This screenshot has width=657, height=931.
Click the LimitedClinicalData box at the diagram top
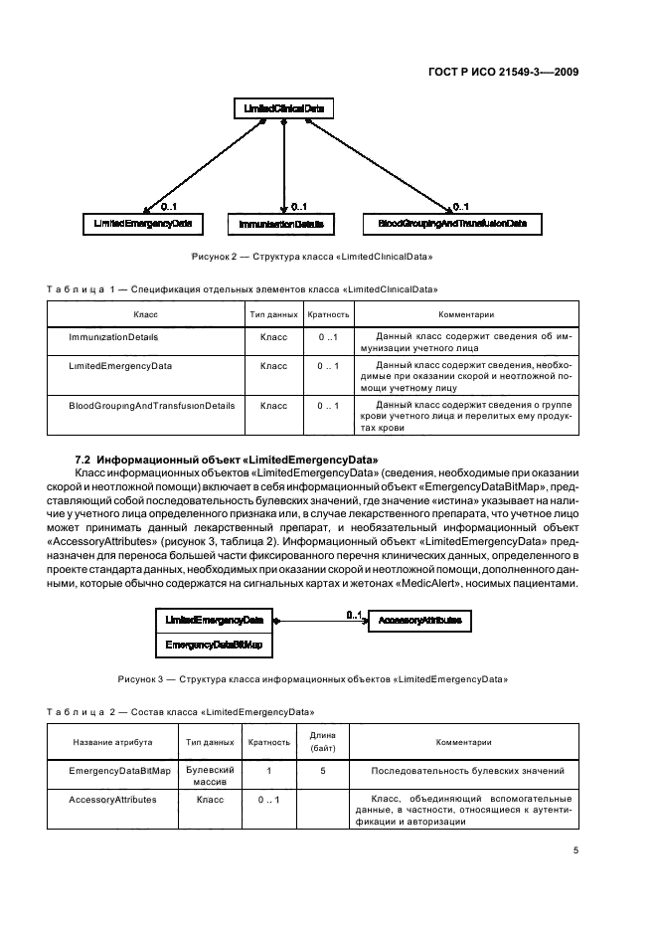click(283, 107)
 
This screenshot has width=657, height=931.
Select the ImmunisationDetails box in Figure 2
click(281, 226)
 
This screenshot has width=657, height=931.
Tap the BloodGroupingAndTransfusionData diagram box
click(452, 225)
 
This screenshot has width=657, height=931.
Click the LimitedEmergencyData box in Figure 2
click(142, 225)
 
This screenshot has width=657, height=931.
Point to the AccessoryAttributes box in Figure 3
click(419, 622)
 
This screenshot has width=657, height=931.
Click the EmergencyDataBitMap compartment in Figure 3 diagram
click(214, 646)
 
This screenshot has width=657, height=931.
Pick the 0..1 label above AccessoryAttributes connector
click(354, 615)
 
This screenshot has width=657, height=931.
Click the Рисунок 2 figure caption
click(316, 258)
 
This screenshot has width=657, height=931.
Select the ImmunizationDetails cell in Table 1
click(114, 338)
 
